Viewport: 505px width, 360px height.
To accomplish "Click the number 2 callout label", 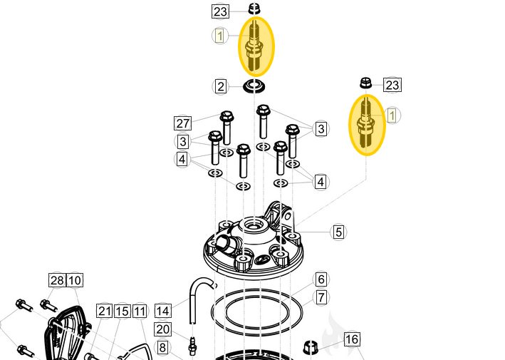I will tap(221, 87).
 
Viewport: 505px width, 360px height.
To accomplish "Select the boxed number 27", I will tap(183, 123).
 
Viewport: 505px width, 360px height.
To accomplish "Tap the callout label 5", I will tap(338, 232).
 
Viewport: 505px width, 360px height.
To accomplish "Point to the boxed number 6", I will tap(321, 279).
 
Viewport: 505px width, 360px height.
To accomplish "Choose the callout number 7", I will tap(321, 297).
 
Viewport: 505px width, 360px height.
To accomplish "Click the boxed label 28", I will tap(57, 280).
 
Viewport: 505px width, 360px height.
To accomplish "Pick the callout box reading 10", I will tap(75, 280).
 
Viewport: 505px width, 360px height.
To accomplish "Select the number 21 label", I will tap(105, 311).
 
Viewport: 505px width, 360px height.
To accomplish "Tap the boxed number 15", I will tap(122, 311).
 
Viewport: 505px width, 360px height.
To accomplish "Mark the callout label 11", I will tap(140, 311).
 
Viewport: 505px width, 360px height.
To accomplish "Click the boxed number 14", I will tap(163, 311).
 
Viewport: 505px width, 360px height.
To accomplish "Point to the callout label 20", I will tap(163, 329).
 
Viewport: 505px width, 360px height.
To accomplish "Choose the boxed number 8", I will tap(163, 348).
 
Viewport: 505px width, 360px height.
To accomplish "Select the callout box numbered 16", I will tap(352, 339).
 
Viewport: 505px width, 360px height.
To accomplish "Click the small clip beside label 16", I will tap(311, 348).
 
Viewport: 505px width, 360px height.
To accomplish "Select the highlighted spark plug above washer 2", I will tap(256, 46).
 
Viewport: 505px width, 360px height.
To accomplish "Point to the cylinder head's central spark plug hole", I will tap(253, 227).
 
